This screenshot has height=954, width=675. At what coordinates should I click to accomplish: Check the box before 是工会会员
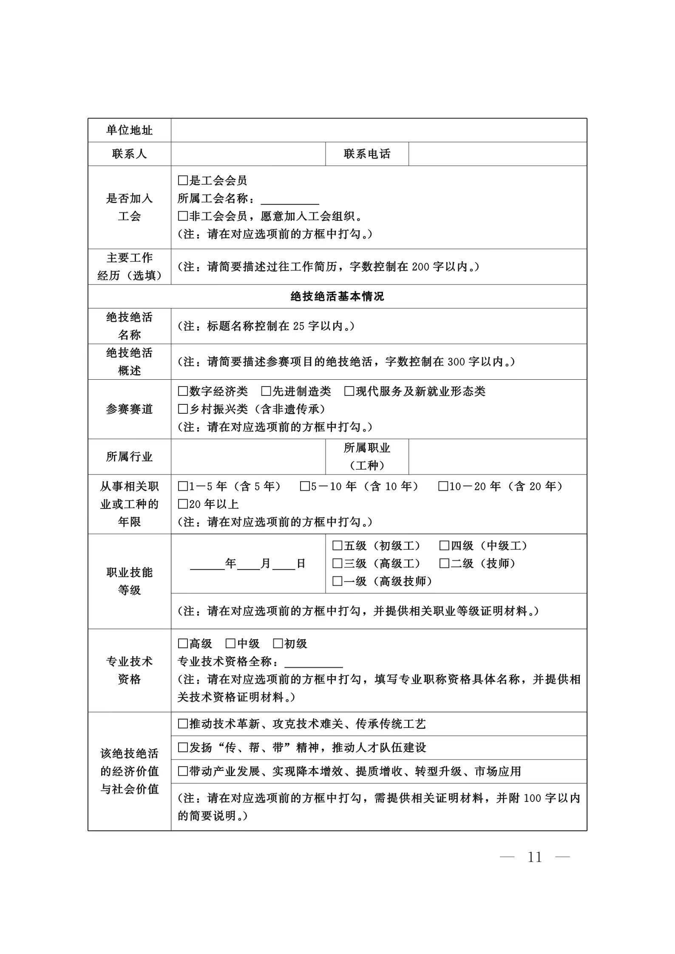click(x=183, y=181)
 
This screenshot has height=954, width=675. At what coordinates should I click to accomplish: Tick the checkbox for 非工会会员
click(x=183, y=216)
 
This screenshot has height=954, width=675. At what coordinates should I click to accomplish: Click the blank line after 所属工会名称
click(x=289, y=200)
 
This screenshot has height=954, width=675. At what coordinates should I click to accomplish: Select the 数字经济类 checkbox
click(x=183, y=391)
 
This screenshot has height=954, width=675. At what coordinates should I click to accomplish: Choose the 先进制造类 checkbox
click(x=266, y=391)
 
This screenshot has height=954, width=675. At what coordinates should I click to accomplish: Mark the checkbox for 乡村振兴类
click(x=183, y=409)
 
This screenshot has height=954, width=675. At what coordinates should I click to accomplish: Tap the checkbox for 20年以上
click(x=183, y=504)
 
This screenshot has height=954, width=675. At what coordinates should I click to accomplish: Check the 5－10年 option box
click(x=305, y=486)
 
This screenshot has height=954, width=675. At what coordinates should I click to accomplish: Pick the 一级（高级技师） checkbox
click(x=337, y=581)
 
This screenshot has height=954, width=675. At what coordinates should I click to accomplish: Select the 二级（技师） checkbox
click(x=444, y=563)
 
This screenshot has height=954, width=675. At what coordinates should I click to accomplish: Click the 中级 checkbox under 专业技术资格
click(x=230, y=644)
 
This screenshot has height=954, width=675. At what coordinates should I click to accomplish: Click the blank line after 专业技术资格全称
click(x=313, y=662)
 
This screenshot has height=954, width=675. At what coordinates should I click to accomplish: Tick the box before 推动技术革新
click(x=183, y=724)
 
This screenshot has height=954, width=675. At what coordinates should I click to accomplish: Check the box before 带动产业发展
click(x=183, y=771)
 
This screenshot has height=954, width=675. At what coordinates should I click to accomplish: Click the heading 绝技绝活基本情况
click(x=337, y=296)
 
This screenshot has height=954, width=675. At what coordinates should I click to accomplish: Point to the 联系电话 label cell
click(x=367, y=154)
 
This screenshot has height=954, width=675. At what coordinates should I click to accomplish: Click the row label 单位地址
click(x=129, y=130)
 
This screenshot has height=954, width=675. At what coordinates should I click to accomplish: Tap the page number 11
click(x=534, y=857)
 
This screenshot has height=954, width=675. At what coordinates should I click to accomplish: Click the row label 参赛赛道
click(x=129, y=409)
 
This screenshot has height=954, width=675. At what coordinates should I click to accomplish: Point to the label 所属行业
click(x=129, y=457)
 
